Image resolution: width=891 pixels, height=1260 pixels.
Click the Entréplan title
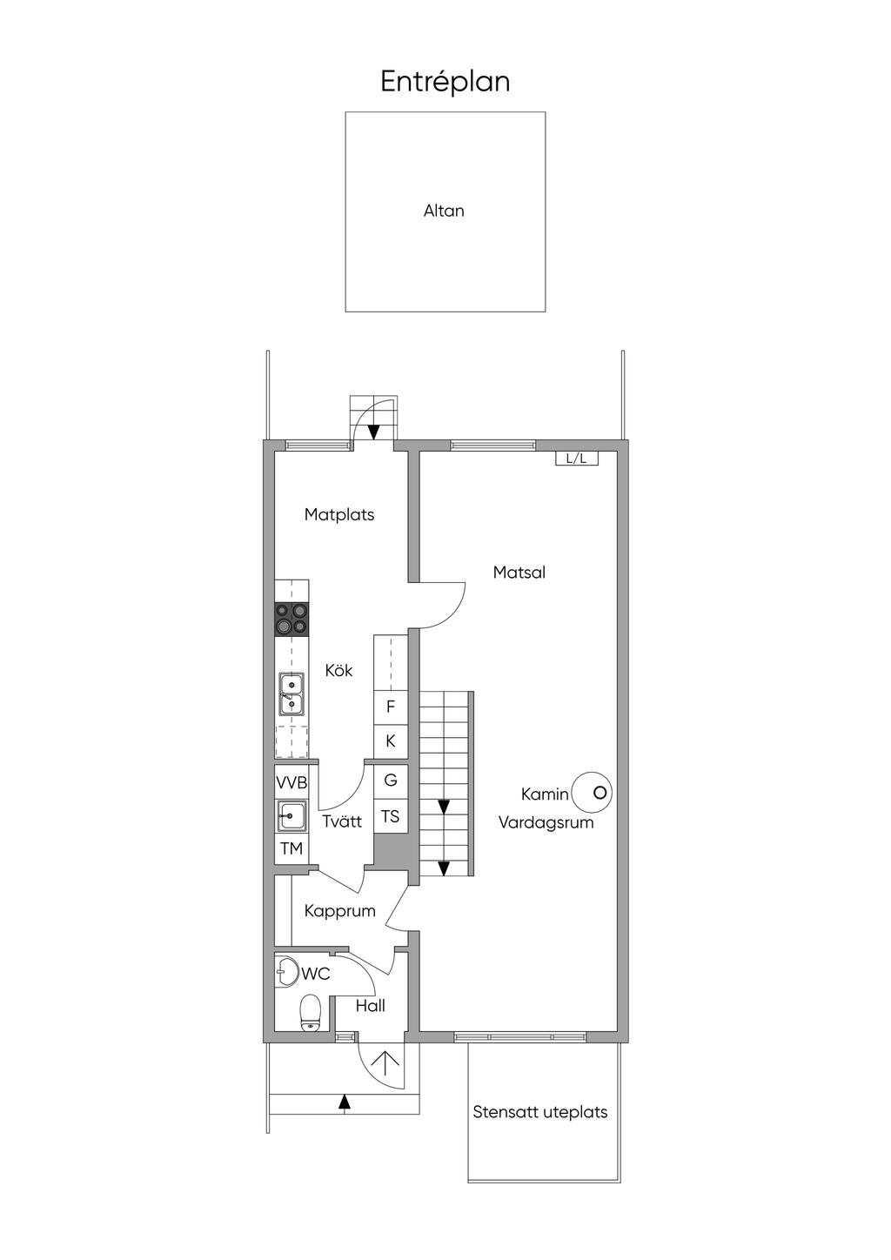pos(445,82)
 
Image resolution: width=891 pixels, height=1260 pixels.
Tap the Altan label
pos(444,211)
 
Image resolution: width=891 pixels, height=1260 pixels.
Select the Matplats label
pos(339,514)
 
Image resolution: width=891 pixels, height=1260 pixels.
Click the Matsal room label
pos(519,573)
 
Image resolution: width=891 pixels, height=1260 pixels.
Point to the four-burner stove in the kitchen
pos(291,619)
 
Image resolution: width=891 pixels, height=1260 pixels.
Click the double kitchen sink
pos(291,694)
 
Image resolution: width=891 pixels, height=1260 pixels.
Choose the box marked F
pos(391,707)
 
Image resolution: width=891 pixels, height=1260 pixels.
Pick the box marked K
pos(391,741)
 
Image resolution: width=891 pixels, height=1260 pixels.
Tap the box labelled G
pos(391,780)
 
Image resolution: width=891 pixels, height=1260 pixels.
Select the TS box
pos(391,816)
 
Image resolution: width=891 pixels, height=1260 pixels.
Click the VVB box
pos(291,782)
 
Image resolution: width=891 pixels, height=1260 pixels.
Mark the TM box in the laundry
pos(291,848)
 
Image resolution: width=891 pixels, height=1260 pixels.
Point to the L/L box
pos(577,458)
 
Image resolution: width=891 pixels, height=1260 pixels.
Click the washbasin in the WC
pos(285,971)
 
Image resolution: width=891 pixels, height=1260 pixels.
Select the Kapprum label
pos(339,911)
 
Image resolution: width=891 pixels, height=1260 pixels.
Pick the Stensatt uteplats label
pos(539,1112)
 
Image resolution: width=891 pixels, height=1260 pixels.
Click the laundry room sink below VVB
pos(291,816)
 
